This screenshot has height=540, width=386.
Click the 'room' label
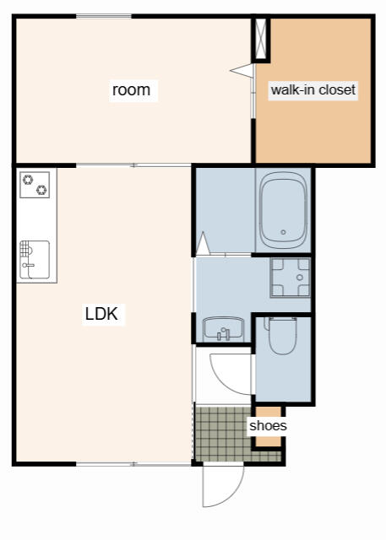coord(131,90)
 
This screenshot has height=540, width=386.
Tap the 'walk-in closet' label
coord(313,90)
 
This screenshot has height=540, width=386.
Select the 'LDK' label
coord(101,314)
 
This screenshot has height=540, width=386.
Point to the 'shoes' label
coord(268,425)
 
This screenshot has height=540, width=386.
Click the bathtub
coord(283,210)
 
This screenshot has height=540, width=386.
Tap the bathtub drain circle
coord(283,233)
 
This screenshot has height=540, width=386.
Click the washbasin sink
coord(223,329)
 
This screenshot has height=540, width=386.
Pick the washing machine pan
coord(291,278)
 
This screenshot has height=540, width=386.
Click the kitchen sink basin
coord(35,259)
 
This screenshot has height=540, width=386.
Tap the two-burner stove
coord(35,185)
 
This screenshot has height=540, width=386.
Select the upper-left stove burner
coord(28,180)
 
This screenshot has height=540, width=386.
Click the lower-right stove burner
coord(41,190)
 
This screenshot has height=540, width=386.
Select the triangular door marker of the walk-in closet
coord(242,71)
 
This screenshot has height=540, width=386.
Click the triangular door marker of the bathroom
coord(203,244)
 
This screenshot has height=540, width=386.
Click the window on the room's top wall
coord(104,16)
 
